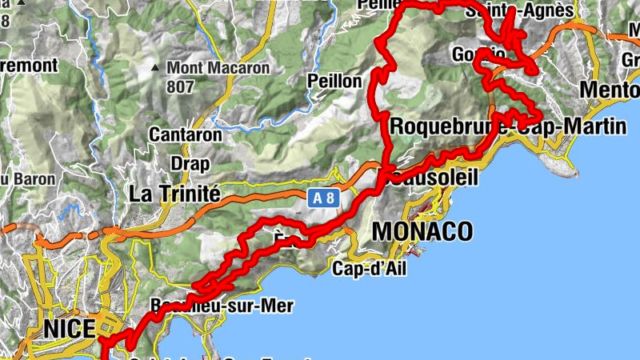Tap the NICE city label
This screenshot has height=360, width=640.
[x=70, y=328]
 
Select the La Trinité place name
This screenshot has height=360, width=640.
[x=174, y=193]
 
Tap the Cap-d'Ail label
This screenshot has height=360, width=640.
[x=369, y=269]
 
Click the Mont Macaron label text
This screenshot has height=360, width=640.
[x=218, y=68]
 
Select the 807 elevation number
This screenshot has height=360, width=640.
[x=180, y=86]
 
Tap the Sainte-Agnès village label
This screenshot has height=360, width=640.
[x=531, y=10]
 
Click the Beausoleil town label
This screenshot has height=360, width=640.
[x=435, y=178]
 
